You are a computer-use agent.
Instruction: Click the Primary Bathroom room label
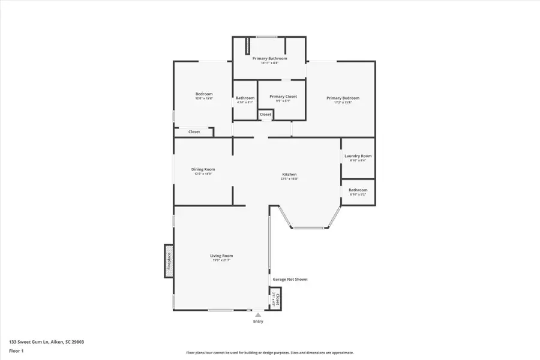[x=269, y=58]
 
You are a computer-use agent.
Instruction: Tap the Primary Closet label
[x=283, y=97]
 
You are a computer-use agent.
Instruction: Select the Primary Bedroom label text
[x=343, y=98]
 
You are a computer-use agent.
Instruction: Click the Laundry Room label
[x=358, y=156]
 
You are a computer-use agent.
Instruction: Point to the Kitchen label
[x=289, y=175]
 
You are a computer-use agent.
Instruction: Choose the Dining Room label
[x=203, y=169]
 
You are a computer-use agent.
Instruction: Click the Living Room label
[x=221, y=256]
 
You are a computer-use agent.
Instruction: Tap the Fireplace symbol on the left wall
[x=169, y=262]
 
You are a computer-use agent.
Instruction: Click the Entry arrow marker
[x=257, y=314]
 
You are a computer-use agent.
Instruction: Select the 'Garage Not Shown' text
[x=290, y=279]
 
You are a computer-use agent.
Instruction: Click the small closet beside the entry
[x=275, y=299]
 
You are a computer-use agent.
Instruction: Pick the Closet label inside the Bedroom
[x=194, y=132]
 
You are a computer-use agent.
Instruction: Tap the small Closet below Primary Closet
[x=265, y=114]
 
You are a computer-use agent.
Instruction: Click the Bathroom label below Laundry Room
[x=358, y=190]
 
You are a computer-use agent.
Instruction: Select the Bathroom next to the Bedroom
[x=245, y=98]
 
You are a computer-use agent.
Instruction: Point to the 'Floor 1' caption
[x=16, y=350]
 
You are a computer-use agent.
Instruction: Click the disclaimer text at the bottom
[x=269, y=353]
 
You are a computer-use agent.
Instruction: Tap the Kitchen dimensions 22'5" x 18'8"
[x=289, y=179]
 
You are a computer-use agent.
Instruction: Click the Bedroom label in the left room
[x=204, y=94]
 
